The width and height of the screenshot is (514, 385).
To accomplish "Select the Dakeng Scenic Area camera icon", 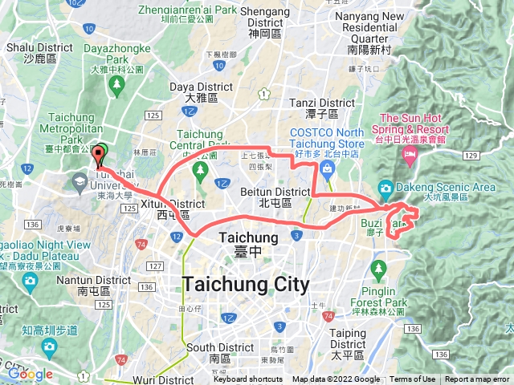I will (x=385, y=189).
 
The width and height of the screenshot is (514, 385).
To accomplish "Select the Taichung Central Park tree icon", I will (x=200, y=171).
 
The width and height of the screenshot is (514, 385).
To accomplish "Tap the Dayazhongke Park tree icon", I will (x=117, y=83).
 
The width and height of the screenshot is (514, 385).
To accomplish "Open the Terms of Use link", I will (x=413, y=379).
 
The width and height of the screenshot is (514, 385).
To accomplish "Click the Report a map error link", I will (x=478, y=379).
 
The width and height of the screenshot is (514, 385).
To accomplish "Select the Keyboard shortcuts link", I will (x=248, y=379).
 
